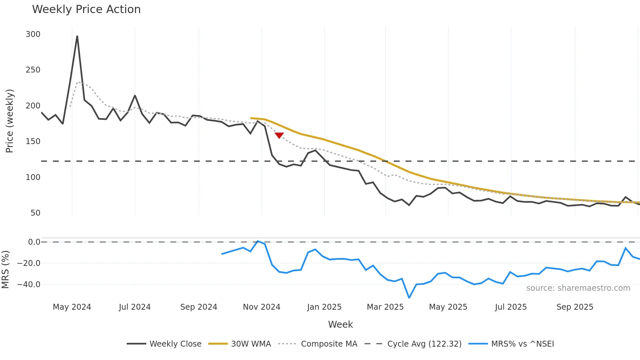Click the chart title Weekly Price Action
(86, 9)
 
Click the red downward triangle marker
(279, 135)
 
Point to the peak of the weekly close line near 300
(77, 36)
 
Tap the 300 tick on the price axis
(33, 34)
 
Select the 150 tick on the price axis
(33, 141)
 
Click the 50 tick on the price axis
(35, 213)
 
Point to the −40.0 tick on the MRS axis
(29, 285)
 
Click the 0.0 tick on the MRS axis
(34, 242)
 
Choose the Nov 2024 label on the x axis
(262, 307)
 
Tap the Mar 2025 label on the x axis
(385, 307)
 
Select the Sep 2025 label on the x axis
(575, 307)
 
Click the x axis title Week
(340, 324)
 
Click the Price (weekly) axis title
(9, 121)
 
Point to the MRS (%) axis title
(5, 270)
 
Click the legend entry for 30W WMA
(251, 344)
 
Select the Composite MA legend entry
(329, 344)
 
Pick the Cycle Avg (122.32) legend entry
(424, 344)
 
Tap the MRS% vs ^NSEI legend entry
(522, 344)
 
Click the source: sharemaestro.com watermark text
(578, 288)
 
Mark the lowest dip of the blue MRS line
(409, 298)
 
